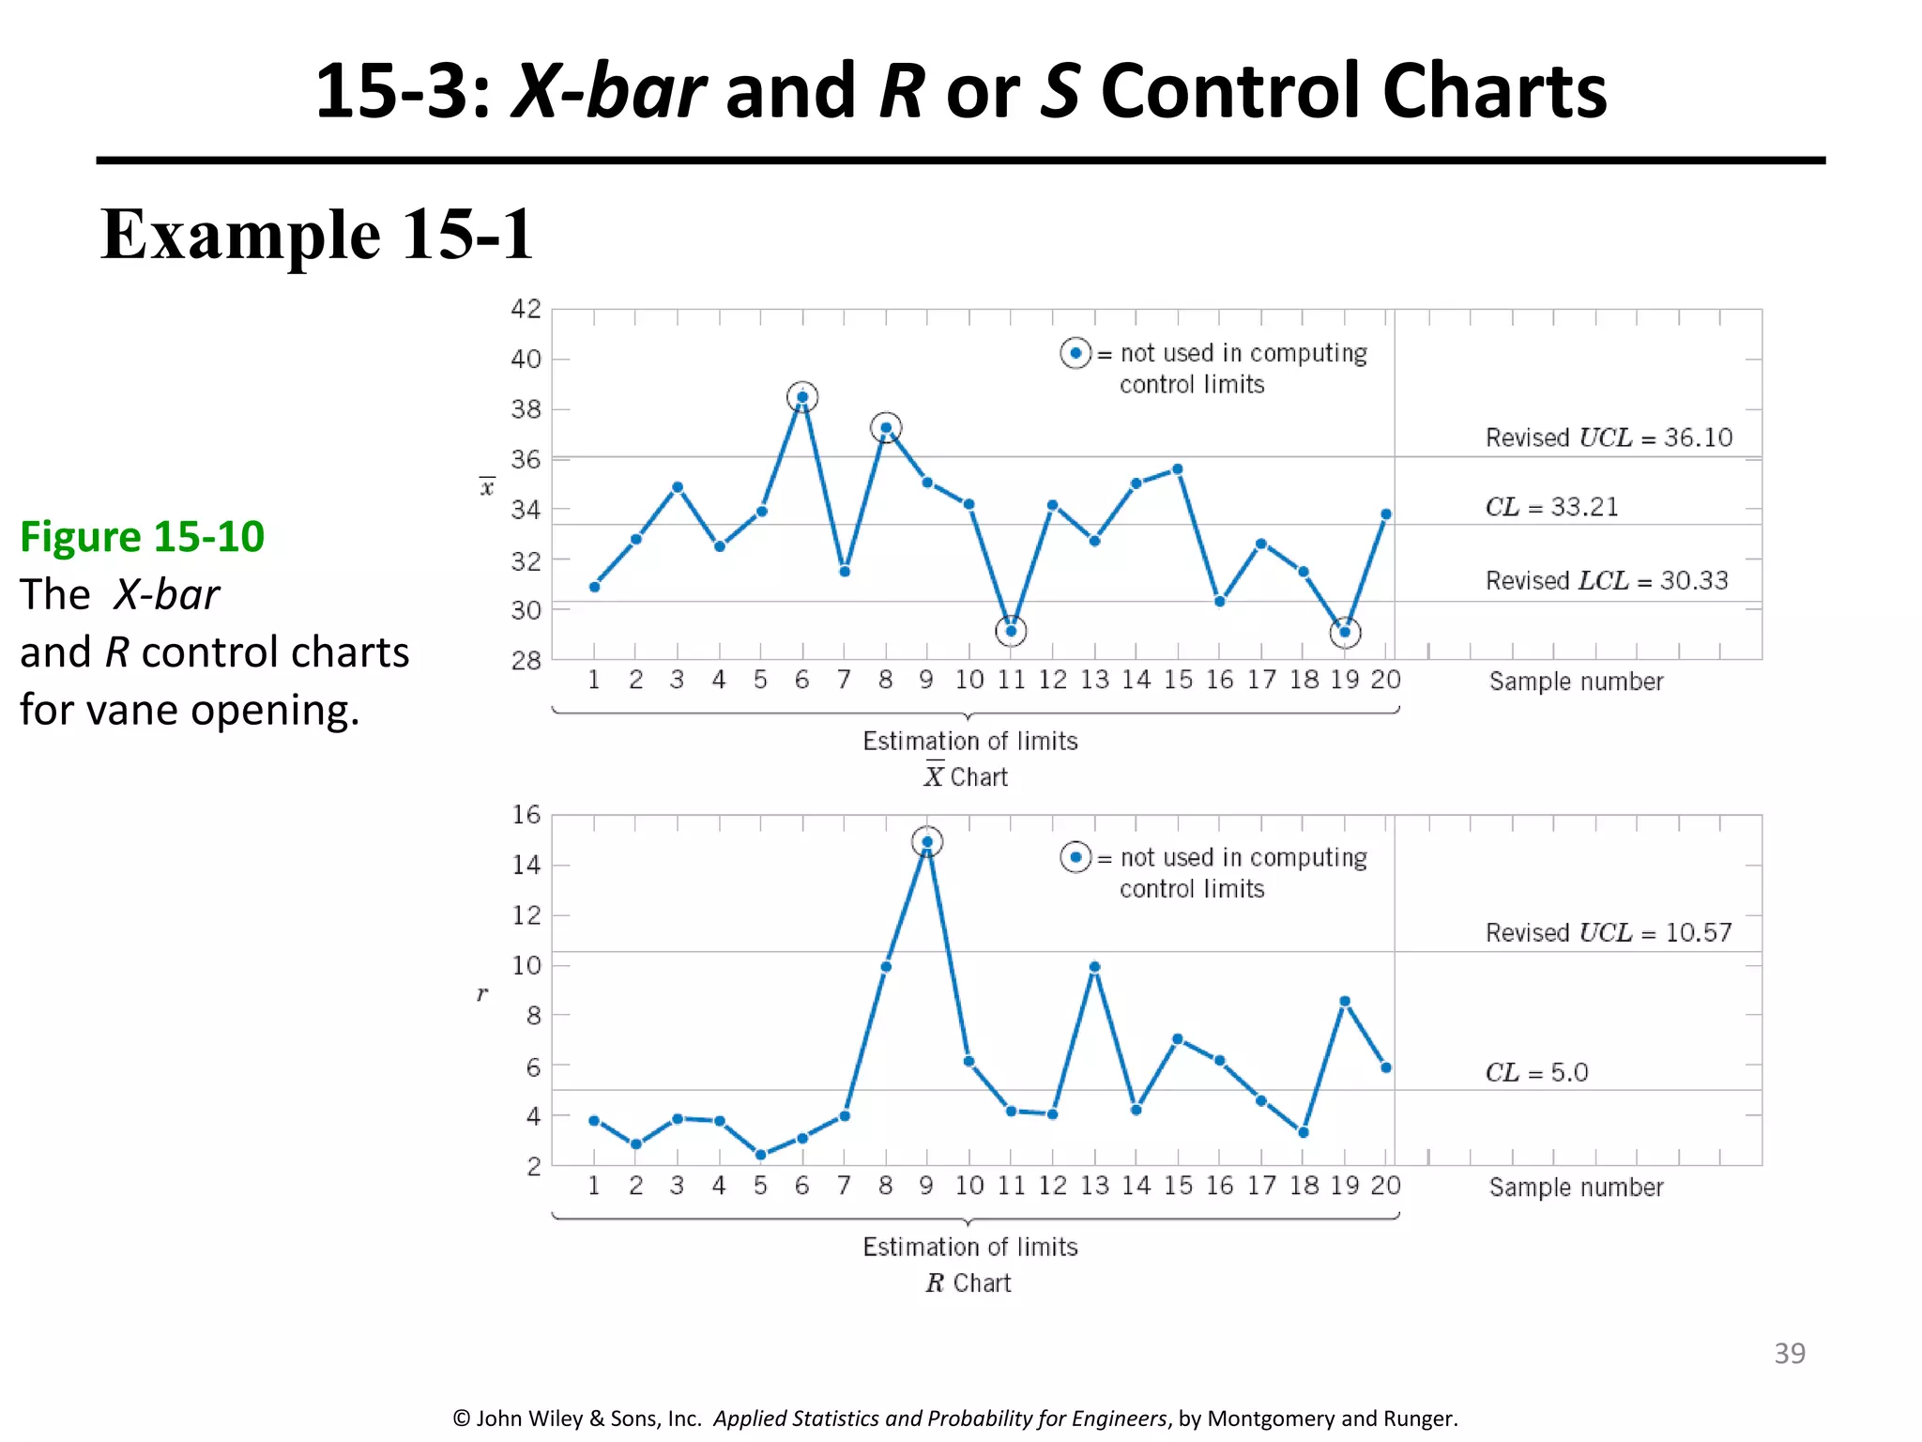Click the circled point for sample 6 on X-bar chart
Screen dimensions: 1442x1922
coord(802,397)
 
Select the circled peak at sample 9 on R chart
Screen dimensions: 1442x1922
coord(927,842)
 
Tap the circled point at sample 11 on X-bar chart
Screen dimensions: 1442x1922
coord(1011,631)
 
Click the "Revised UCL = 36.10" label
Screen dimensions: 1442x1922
coord(1609,437)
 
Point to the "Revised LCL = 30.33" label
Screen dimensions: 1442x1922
coord(1606,580)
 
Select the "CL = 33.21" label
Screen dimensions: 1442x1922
coord(1551,507)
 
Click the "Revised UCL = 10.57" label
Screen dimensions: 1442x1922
coord(1608,932)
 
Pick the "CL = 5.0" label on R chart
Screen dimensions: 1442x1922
coord(1536,1072)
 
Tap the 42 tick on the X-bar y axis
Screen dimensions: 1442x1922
coord(526,309)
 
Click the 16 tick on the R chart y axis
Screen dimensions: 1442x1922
coord(526,815)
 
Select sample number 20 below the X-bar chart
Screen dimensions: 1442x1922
coord(1385,680)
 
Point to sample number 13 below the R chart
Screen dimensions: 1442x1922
coord(1094,1186)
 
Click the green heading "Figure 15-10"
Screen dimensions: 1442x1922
coord(142,537)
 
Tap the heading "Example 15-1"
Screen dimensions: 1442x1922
coord(317,235)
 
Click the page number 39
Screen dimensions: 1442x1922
coord(1789,1353)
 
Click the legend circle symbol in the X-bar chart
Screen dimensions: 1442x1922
coord(1075,354)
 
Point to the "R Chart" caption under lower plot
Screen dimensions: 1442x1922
coord(969,1283)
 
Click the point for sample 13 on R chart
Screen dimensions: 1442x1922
coord(1094,967)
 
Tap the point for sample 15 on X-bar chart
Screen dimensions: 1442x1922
coord(1178,469)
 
